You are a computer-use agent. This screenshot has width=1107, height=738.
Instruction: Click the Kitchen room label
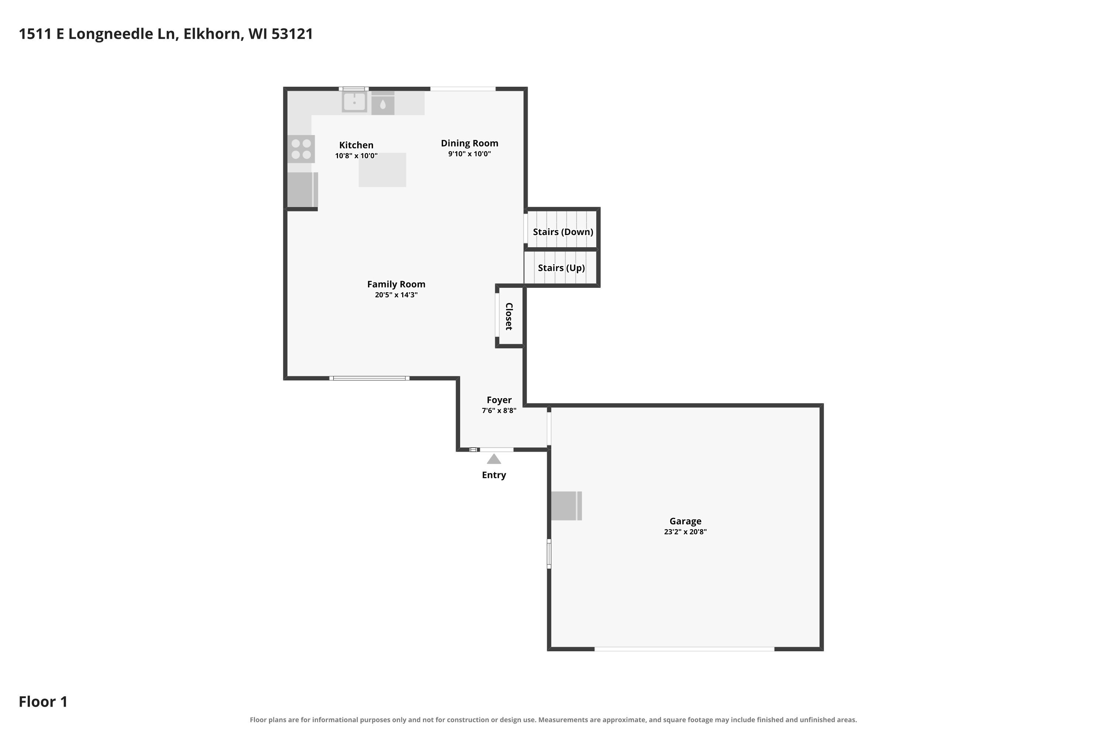click(x=356, y=145)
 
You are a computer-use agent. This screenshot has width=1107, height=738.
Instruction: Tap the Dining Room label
click(x=469, y=143)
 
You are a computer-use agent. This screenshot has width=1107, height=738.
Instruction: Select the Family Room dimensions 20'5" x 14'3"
click(x=396, y=294)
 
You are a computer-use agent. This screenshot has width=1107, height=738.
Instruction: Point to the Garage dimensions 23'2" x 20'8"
click(x=685, y=531)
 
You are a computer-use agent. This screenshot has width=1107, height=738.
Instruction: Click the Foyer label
click(x=499, y=400)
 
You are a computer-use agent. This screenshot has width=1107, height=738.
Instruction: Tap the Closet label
click(x=509, y=316)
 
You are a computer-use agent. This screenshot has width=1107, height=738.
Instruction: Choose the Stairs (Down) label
click(x=563, y=232)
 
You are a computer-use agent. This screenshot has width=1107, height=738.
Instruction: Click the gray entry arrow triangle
click(x=494, y=459)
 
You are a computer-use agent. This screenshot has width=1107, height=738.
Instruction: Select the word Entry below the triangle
click(x=494, y=475)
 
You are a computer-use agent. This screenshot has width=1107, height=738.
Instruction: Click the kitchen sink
click(x=354, y=102)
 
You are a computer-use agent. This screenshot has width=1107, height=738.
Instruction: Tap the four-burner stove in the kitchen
click(x=301, y=149)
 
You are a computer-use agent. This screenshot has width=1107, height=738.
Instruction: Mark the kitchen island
click(x=382, y=170)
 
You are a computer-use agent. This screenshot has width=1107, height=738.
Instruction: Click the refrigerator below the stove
click(x=303, y=190)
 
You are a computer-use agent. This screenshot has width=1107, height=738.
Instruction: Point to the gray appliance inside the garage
click(x=566, y=506)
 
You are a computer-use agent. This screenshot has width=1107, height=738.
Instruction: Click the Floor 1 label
click(x=43, y=702)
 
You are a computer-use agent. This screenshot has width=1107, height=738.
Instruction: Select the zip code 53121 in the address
click(x=292, y=34)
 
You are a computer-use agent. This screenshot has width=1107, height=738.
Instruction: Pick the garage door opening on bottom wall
click(x=684, y=649)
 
